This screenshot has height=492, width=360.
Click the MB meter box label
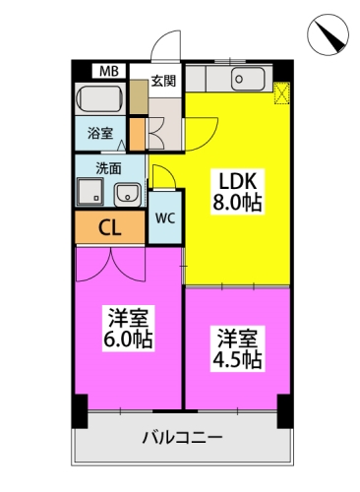point(109,71)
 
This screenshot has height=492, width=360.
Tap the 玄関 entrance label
point(163,81)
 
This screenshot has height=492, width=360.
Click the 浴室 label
point(100,134)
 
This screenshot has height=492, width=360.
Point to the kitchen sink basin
point(248,79)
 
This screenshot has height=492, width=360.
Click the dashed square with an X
point(281,93)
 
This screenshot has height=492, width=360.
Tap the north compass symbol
point(328,34)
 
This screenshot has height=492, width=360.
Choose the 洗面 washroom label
point(108,168)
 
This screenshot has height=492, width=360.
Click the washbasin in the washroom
point(128,194)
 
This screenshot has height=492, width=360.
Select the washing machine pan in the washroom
point(90,192)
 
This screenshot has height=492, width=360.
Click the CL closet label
point(110,227)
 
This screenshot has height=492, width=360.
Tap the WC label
point(165,218)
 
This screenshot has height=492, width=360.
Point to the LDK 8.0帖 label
point(238,192)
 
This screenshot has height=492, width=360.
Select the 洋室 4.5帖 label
point(237,349)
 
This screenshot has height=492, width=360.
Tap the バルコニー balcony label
point(182,438)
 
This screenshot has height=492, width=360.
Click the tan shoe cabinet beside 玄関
point(139,96)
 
